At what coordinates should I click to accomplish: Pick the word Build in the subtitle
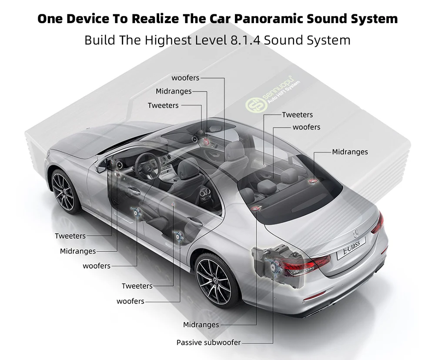tap(98, 40)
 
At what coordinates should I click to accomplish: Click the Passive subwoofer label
tap(208, 343)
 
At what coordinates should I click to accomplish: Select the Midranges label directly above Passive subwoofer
tap(201, 325)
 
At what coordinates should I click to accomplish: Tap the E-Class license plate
tap(351, 251)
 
